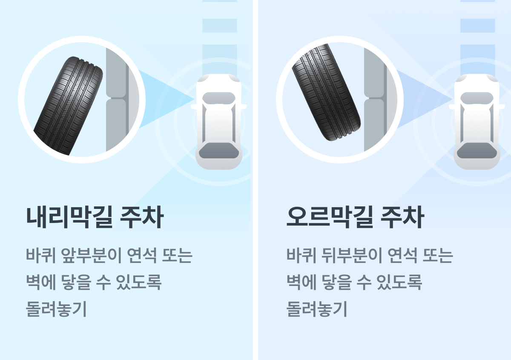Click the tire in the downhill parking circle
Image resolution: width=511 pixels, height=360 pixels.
pyautogui.click(x=69, y=106)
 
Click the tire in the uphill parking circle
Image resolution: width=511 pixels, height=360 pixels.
pyautogui.click(x=327, y=92)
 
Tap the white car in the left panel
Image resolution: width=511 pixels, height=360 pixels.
pyautogui.click(x=219, y=122)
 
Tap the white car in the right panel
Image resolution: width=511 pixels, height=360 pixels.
pyautogui.click(x=477, y=122)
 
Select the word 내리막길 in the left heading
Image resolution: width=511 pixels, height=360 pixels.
pyautogui.click(x=69, y=217)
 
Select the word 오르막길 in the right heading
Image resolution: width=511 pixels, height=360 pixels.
pyautogui.click(x=330, y=217)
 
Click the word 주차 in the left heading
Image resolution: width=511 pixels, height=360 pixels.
pyautogui.click(x=142, y=217)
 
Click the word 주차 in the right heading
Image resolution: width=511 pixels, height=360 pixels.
pyautogui.click(x=402, y=217)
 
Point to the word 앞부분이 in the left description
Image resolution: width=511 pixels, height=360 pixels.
pyautogui.click(x=91, y=256)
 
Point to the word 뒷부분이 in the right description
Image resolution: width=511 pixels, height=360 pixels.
pyautogui.click(x=352, y=256)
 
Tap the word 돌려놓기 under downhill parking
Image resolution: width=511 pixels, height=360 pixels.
pyautogui.click(x=56, y=309)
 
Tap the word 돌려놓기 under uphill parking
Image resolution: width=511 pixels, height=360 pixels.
pyautogui.click(x=317, y=309)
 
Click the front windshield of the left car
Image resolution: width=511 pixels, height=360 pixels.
pyautogui.click(x=219, y=98)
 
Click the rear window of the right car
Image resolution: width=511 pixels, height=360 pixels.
pyautogui.click(x=477, y=151)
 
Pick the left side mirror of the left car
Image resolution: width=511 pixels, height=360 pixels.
pyautogui.click(x=194, y=107)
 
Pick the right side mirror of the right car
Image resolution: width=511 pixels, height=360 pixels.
pyautogui.click(x=502, y=107)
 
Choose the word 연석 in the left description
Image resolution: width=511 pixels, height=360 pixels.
pyautogui.click(x=142, y=256)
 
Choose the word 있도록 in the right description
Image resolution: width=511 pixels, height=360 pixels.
pyautogui.click(x=399, y=282)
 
